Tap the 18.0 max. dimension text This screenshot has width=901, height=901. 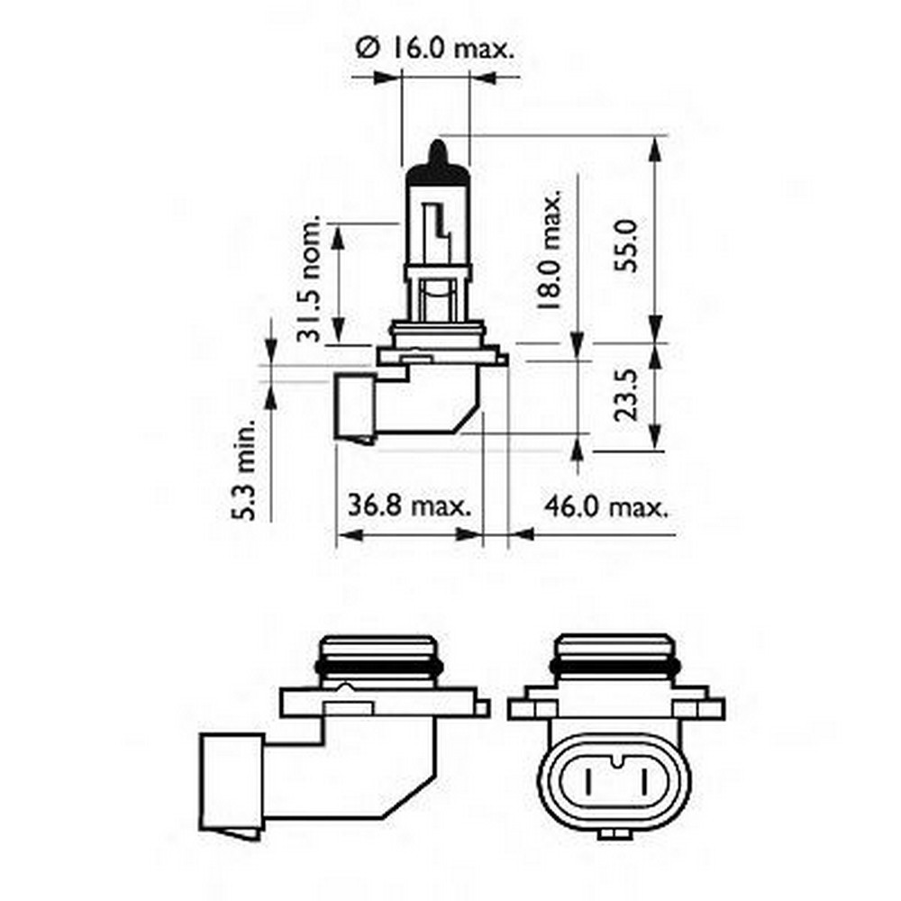551,250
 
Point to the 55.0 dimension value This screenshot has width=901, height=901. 629,244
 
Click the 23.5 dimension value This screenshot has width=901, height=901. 629,395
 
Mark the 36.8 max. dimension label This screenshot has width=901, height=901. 409,506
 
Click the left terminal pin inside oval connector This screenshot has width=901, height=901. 591,778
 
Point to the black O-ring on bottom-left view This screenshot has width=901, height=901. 378,669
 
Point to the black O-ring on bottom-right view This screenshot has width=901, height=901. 615,669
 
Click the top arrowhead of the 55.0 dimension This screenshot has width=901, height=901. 656,149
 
